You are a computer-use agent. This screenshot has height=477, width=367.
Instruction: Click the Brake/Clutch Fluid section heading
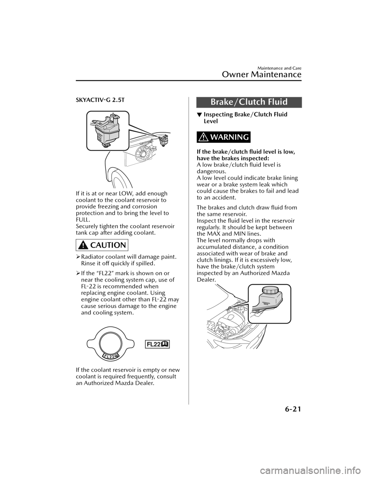coord(249,102)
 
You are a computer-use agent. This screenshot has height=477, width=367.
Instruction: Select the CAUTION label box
coord(102,245)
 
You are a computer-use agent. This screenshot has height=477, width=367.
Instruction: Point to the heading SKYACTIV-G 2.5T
coord(100,100)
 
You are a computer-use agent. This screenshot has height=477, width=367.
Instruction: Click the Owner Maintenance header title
coord(261,75)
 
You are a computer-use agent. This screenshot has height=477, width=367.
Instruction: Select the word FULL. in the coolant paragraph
coord(82,220)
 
